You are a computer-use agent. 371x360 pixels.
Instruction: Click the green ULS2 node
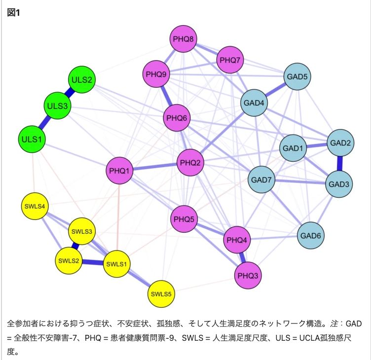click(x=81, y=79)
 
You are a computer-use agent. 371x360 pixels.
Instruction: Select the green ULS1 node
click(x=32, y=139)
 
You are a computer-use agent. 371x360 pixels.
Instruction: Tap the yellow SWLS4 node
click(x=35, y=206)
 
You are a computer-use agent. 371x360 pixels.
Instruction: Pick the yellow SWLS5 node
click(x=161, y=294)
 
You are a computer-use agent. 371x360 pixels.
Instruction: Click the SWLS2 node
click(x=69, y=261)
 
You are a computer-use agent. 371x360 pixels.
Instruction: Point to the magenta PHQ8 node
click(x=184, y=39)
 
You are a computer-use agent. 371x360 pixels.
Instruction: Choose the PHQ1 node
click(x=119, y=171)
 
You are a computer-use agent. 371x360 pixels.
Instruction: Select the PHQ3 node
click(x=248, y=275)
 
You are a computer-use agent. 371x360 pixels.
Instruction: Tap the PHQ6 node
click(x=177, y=118)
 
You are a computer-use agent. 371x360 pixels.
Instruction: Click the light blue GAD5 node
click(x=297, y=76)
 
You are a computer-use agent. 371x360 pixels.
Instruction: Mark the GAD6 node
click(x=311, y=235)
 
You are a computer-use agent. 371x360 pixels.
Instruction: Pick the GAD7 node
click(x=261, y=180)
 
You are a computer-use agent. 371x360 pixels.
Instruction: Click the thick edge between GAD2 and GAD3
click(x=340, y=163)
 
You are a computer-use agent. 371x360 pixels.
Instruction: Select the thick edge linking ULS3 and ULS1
click(x=44, y=122)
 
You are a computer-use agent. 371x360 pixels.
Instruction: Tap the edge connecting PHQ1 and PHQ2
click(x=155, y=167)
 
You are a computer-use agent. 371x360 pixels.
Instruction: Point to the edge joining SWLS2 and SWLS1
click(x=93, y=262)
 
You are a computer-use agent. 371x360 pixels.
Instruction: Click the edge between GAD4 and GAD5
click(x=275, y=90)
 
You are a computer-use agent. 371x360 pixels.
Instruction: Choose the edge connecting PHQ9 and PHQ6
click(x=167, y=96)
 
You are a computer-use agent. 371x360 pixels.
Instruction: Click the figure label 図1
click(x=13, y=12)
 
